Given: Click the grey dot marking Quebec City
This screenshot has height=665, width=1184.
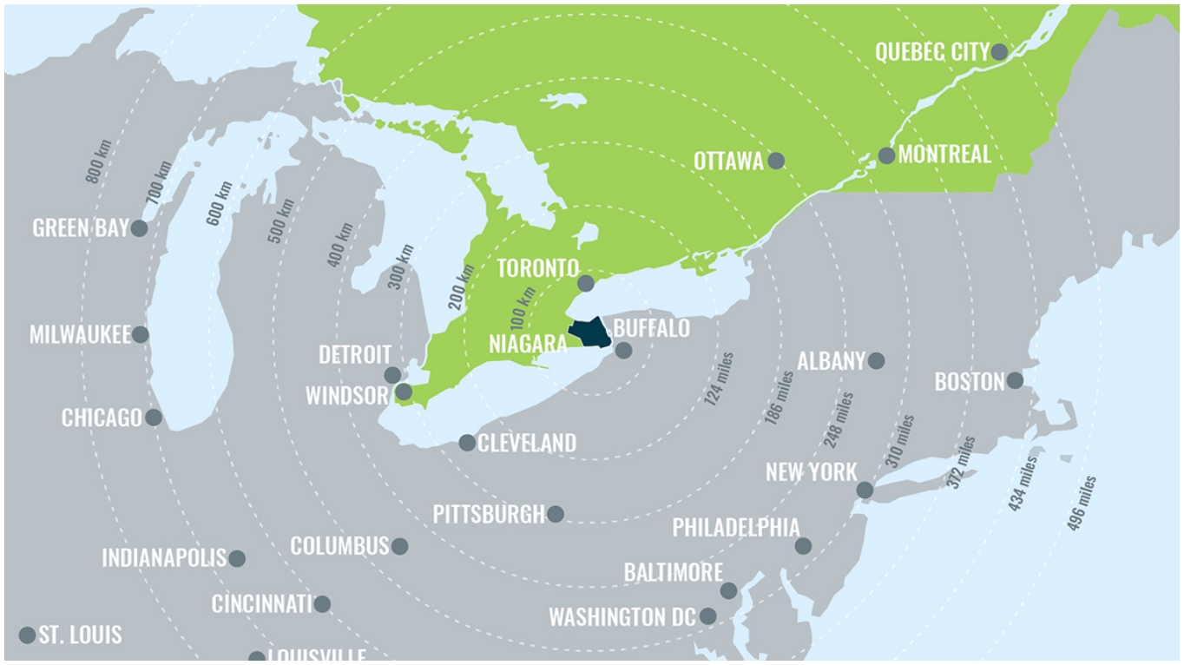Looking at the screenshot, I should pos(999,52).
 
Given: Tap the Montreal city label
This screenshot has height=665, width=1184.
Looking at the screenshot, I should pos(944,155).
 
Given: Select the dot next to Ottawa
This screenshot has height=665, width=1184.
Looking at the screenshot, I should pos(776,161).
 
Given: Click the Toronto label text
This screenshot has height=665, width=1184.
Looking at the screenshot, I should pos(537,268).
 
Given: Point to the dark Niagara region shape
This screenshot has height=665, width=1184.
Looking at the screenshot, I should pos(589,332).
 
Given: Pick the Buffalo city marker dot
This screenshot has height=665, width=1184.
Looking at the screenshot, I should pos(623,351).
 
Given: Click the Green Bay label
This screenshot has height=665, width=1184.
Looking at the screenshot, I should pos(80,228).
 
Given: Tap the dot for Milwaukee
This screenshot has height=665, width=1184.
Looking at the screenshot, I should pos(140,334).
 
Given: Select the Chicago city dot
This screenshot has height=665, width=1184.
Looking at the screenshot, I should pos(154,418).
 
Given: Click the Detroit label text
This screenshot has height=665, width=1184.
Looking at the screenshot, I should pos(354,354).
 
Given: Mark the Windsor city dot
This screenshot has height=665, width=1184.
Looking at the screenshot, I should pos(404,392).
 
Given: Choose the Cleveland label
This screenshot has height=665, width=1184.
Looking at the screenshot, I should pos(527,444).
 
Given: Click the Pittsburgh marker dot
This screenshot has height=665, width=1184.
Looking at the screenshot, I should pos(556,514).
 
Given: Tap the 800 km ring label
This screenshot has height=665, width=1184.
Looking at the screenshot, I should pos(98,161).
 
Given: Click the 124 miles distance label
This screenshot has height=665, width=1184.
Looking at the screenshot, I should pos(720,379).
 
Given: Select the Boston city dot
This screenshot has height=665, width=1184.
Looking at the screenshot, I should pos(1015,380).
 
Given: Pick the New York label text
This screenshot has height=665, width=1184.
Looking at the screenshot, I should pos(811,472).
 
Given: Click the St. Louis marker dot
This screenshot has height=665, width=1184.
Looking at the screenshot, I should pos(27,635).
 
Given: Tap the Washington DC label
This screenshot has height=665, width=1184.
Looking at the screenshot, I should pos(622,617).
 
